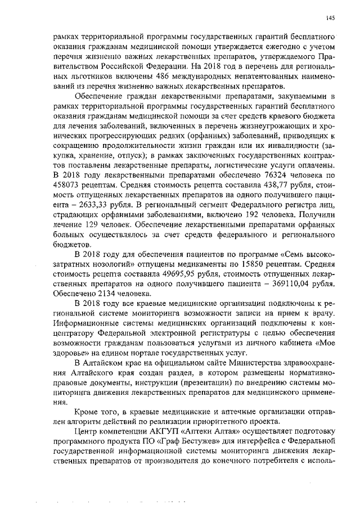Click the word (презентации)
185,381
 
